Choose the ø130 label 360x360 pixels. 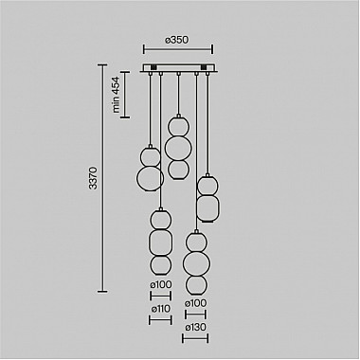[196, 327]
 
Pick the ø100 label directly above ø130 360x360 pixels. [196, 303]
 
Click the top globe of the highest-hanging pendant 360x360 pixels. [176, 125]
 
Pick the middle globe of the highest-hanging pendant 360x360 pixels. [176, 147]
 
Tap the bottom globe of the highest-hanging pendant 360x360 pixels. [176, 169]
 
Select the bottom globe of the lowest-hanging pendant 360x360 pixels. [196, 283]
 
